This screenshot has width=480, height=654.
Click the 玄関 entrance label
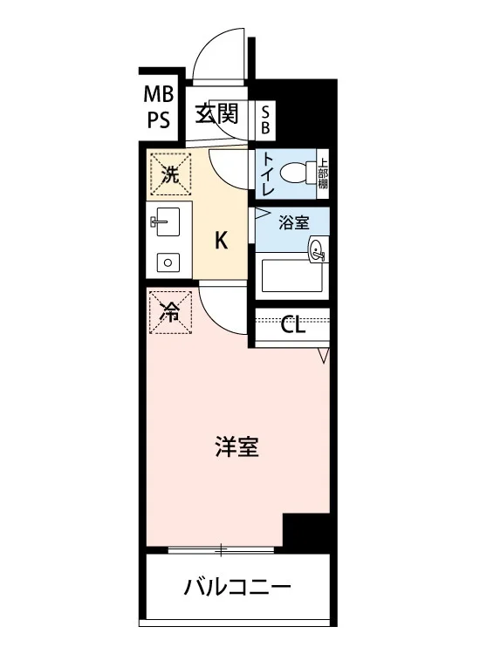[216, 114]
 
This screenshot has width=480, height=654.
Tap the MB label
[159, 94]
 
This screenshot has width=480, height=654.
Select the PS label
[159, 120]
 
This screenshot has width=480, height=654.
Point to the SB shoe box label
[265, 119]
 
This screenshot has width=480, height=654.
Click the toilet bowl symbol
[297, 172]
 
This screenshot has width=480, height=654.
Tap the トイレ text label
[268, 174]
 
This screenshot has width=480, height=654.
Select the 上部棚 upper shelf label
[323, 174]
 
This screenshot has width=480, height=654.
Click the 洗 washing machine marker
[171, 174]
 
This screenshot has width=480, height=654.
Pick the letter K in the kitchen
[221, 241]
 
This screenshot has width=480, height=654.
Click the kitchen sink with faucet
[165, 221]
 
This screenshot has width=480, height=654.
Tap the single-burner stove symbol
[168, 262]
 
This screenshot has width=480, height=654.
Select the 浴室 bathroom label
[293, 222]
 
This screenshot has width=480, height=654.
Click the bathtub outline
[292, 276]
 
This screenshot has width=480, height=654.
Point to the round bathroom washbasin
[317, 250]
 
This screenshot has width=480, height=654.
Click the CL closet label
[292, 325]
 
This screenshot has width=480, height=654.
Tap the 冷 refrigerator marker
[171, 312]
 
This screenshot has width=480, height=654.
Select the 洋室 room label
[237, 446]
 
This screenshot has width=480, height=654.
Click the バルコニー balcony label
[237, 588]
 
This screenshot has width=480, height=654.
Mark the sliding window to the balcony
[221, 550]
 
